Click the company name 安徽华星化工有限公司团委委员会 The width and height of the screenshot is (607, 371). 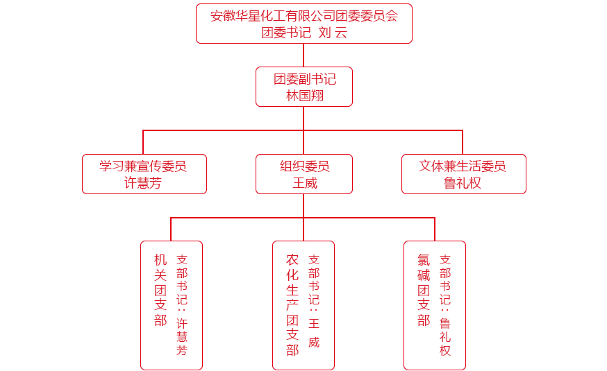303,16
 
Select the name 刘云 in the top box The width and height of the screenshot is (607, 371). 332,32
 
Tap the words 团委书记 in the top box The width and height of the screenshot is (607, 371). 285,32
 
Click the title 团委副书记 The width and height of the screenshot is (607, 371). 304,79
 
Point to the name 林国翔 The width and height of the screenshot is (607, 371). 304,96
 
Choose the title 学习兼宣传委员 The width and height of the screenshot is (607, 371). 143,166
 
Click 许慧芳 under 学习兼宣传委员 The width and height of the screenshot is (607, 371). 143,183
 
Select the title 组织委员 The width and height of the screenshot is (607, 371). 304,166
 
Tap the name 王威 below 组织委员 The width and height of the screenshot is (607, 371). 304,183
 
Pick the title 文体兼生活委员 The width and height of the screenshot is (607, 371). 463,166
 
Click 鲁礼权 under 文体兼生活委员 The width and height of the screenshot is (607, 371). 463,183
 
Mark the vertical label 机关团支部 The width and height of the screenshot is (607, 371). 160,290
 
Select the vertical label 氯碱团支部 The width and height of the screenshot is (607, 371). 424,290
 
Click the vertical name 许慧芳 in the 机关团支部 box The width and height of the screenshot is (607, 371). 182,336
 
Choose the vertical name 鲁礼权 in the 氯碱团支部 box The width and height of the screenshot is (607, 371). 445,336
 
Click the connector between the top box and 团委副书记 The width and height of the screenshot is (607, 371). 303,55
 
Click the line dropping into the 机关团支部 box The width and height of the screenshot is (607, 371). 171,230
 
